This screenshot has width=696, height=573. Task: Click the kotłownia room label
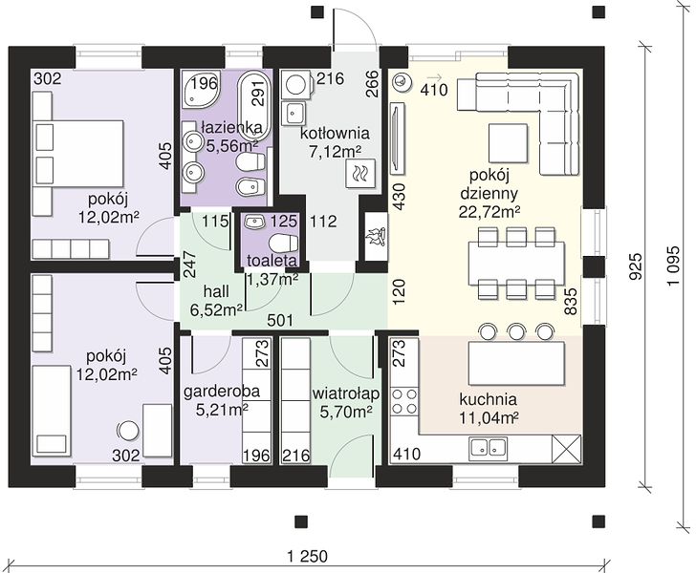335,133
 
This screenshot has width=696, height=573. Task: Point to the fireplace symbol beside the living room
375,237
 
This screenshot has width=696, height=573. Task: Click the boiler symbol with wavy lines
360,174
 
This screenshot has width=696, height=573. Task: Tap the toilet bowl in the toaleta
284,243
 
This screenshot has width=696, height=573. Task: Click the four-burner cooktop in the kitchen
403,401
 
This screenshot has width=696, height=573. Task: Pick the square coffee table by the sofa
509,143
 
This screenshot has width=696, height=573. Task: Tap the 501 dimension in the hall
280,320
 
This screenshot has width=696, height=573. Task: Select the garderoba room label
221,392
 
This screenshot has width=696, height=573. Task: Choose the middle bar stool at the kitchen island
516,331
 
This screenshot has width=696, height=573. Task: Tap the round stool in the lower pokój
128,430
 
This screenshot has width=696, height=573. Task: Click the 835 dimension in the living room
571,301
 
